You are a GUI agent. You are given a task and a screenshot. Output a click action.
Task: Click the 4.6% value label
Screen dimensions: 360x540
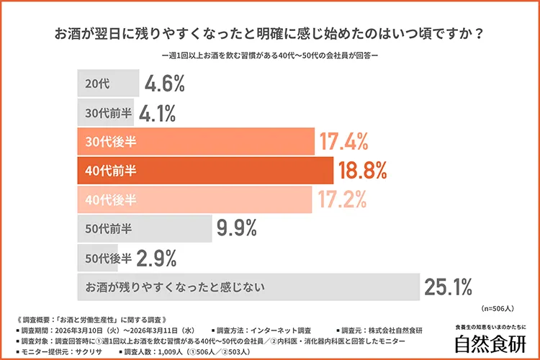165,84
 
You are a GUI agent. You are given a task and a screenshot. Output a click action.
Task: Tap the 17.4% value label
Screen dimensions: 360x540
344,142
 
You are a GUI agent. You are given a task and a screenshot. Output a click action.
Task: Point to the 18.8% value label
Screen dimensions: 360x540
363,171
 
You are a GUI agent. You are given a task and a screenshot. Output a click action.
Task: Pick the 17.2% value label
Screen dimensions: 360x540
341,199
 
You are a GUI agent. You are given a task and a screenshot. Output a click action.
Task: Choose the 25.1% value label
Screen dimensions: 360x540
448,287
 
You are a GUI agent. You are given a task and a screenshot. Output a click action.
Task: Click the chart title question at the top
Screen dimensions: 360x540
269,34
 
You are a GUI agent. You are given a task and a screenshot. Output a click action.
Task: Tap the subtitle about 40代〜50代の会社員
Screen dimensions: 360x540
269,55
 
